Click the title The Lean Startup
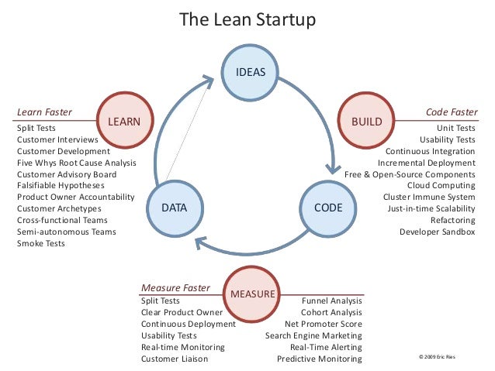point(247,19)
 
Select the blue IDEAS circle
point(250,72)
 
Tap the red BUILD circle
point(367,122)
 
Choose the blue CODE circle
point(328,208)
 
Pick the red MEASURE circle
point(252,294)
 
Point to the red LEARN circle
point(124,122)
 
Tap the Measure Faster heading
point(175,287)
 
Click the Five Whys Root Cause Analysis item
point(76,163)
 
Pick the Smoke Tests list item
point(41,243)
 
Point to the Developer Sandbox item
point(437,232)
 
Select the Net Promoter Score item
point(323,324)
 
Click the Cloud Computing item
point(441,186)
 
